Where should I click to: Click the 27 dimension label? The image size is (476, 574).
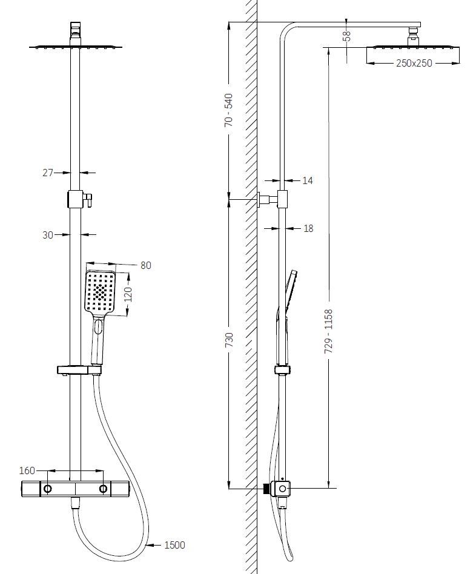pyautogui.click(x=48, y=173)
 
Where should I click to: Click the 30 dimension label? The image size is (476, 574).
pyautogui.click(x=48, y=235)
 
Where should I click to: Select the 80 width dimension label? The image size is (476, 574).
pyautogui.click(x=145, y=265)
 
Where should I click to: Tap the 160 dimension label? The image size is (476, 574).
pyautogui.click(x=27, y=470)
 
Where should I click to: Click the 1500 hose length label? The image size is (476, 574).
pyautogui.click(x=174, y=545)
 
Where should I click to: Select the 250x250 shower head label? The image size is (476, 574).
pyautogui.click(x=414, y=63)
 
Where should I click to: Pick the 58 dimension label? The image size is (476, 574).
pyautogui.click(x=346, y=36)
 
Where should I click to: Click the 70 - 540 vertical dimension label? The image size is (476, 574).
pyautogui.click(x=229, y=110)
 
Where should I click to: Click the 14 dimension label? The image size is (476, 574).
pyautogui.click(x=308, y=180)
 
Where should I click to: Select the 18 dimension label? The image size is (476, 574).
pyautogui.click(x=308, y=228)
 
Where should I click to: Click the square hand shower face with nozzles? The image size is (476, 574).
pyautogui.click(x=99, y=292)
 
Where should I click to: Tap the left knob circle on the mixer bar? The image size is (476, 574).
pyautogui.click(x=47, y=488)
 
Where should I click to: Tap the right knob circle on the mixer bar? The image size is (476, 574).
pyautogui.click(x=104, y=488)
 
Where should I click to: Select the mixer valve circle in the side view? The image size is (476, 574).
pyautogui.click(x=282, y=488)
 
